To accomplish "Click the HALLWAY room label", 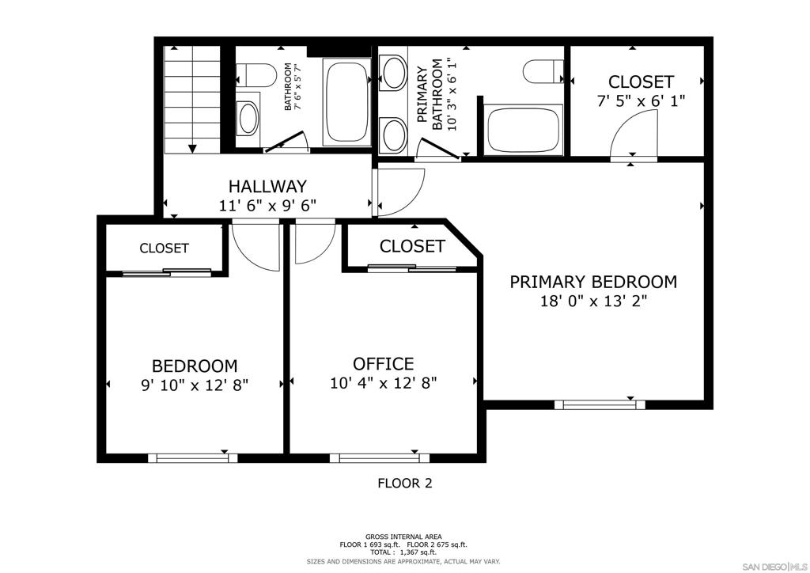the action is tap(267, 186).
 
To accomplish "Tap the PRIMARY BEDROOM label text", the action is tap(593, 282).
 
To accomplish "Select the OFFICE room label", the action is tap(384, 364).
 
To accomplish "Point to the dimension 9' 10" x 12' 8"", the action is tap(195, 385).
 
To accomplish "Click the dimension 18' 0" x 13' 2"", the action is tap(593, 301).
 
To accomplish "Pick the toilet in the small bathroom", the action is tap(255, 75).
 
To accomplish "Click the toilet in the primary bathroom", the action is tap(543, 71).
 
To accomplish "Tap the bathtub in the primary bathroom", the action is tap(523, 129).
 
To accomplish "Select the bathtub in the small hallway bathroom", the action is tap(346, 102).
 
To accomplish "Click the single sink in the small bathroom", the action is tap(248, 119).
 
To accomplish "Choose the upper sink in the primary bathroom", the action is tap(394, 73).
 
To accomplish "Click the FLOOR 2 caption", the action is tap(405, 483).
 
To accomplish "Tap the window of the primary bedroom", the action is tap(600, 404).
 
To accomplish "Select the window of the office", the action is tap(379, 457).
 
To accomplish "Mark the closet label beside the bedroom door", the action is tap(165, 248).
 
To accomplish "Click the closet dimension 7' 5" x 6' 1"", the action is tap(641, 101).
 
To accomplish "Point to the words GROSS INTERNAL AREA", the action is tap(403, 537).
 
